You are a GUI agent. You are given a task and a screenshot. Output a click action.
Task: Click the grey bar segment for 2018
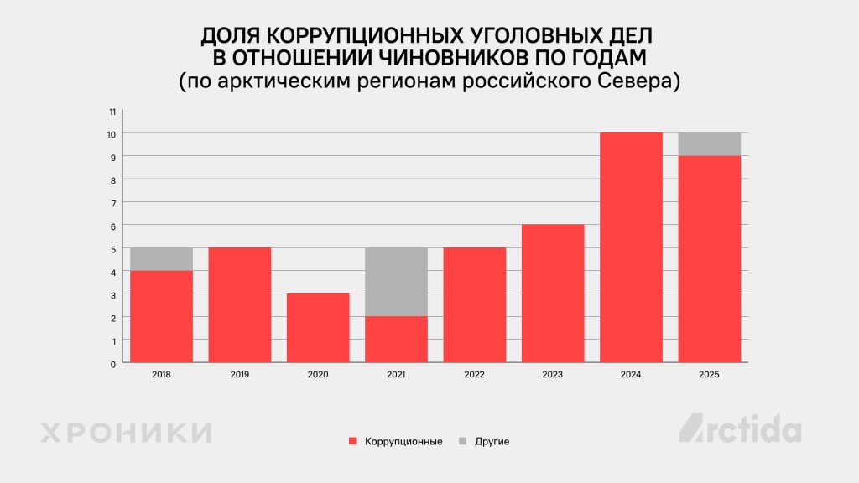(x=162, y=259)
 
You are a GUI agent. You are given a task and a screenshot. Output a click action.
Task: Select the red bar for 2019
(x=240, y=305)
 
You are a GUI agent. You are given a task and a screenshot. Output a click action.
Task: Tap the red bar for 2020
(x=318, y=328)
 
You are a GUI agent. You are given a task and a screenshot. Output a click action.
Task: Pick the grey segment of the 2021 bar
(x=396, y=282)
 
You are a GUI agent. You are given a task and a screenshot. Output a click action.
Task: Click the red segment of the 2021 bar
(x=396, y=340)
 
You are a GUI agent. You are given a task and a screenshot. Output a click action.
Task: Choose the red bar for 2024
(x=631, y=247)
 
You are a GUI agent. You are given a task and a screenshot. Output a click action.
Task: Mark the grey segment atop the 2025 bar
(x=709, y=144)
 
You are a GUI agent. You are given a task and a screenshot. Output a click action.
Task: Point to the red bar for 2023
(x=553, y=293)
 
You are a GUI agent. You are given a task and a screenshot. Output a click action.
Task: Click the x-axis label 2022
(x=474, y=375)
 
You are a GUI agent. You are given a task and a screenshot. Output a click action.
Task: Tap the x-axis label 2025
(x=709, y=375)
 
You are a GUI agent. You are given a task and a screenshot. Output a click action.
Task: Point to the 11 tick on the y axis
(x=112, y=111)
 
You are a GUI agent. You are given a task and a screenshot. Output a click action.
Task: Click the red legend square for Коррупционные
(x=352, y=441)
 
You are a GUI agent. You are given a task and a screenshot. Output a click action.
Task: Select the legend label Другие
(x=492, y=441)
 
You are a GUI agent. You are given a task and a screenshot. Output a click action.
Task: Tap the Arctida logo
(x=740, y=428)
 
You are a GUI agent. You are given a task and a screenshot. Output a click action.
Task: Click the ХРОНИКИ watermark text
(x=126, y=433)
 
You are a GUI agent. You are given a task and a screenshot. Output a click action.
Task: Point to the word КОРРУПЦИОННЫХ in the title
(x=359, y=36)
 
